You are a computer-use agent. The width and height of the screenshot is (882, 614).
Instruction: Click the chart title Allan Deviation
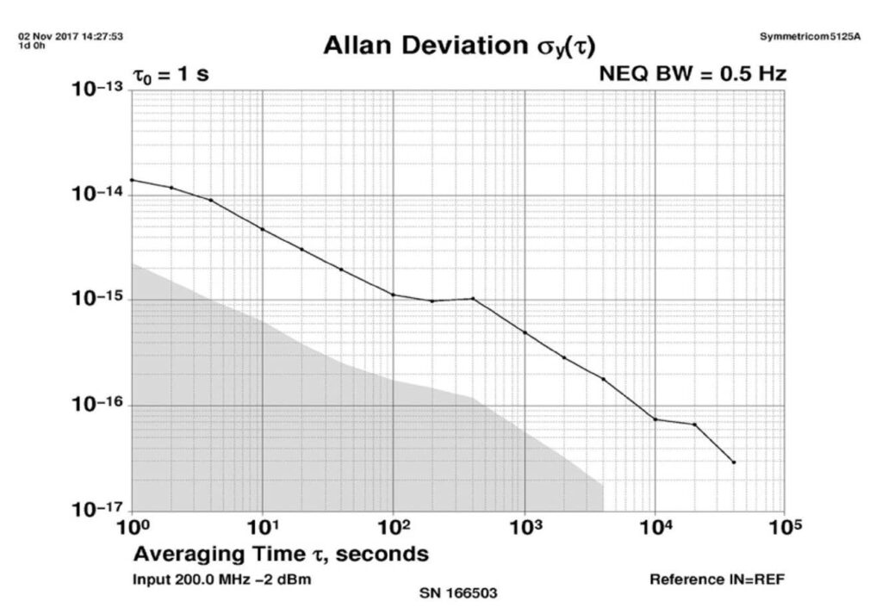click(459, 47)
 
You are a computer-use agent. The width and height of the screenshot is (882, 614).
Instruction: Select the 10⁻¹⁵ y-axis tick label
click(96, 301)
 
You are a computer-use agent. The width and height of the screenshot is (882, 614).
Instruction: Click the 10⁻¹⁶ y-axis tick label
click(96, 406)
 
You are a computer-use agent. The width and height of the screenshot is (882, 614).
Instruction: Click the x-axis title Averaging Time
click(281, 554)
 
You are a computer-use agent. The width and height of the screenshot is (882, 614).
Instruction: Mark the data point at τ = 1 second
click(132, 180)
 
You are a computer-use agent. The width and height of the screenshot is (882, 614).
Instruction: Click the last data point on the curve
click(734, 462)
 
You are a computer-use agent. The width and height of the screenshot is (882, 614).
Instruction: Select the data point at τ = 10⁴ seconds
click(655, 419)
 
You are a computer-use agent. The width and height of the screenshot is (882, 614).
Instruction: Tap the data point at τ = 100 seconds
click(394, 295)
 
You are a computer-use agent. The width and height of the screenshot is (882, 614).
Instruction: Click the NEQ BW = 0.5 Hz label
click(692, 75)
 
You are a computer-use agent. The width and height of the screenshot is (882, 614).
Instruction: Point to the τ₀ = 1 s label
click(170, 75)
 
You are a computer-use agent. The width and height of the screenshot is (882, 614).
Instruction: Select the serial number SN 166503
click(457, 593)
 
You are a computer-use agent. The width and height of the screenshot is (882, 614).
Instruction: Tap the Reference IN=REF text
click(717, 579)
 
